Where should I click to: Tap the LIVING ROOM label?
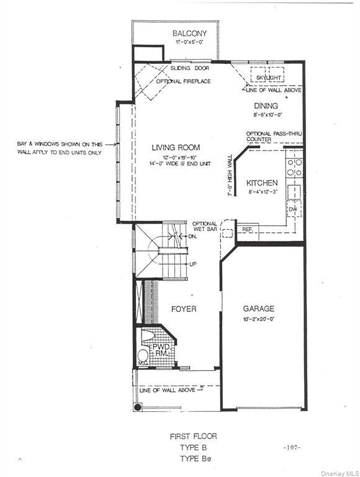click(177, 148)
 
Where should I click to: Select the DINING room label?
click(265, 106)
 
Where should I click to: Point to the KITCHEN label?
click(262, 184)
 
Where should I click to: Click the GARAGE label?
click(258, 309)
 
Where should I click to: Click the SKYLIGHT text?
click(268, 78)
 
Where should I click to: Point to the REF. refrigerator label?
click(247, 229)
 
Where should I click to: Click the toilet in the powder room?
click(147, 338)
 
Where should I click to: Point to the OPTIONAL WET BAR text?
click(204, 227)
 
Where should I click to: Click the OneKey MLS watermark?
click(336, 471)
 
